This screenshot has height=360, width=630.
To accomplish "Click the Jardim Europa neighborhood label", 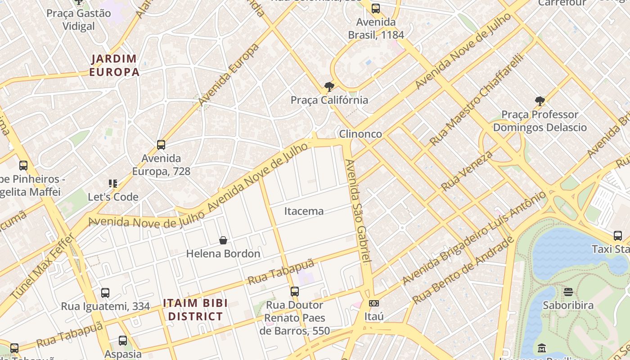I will point(114,65).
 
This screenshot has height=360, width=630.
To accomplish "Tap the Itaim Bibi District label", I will point(195,310).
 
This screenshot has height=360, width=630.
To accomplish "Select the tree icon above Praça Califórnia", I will point(329,87).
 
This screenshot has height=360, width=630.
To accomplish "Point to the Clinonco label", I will point(360,134).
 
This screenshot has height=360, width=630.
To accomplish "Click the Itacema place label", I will point(304,211).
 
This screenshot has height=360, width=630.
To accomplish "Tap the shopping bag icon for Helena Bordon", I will point(223,241).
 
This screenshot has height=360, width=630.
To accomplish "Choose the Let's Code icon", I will point(113,184).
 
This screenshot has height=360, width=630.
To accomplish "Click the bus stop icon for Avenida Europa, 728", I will point(161,145).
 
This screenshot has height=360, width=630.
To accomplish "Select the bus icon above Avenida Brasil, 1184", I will point(376,9).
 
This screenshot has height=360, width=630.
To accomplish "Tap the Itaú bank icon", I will point(373,303).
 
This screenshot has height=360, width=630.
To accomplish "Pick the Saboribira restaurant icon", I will point(568,292).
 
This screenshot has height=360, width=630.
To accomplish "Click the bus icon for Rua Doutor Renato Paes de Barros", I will point(295,292).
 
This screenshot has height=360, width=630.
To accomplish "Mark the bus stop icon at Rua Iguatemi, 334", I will point(105,293).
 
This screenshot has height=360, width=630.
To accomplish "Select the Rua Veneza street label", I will point(467,171).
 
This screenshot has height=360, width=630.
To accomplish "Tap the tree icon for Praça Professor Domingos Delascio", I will point(540,101).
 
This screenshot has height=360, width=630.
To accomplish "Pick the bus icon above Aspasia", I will point(123,341).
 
